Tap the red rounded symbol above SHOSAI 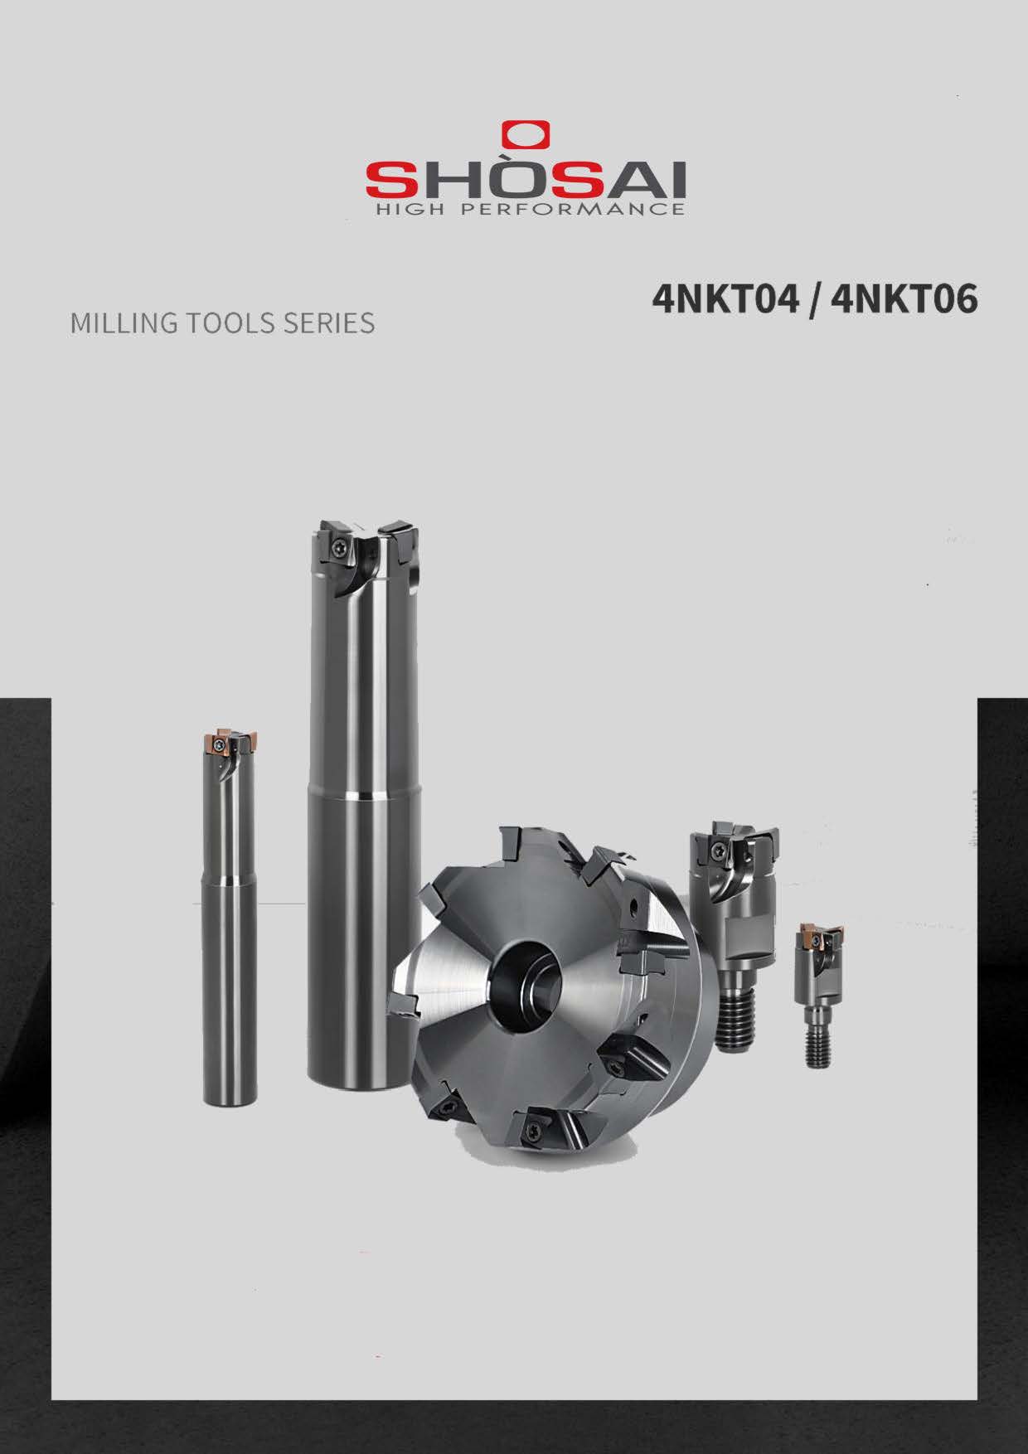[x=526, y=135]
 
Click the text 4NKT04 [x=725, y=299]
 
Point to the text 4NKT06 [x=904, y=299]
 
